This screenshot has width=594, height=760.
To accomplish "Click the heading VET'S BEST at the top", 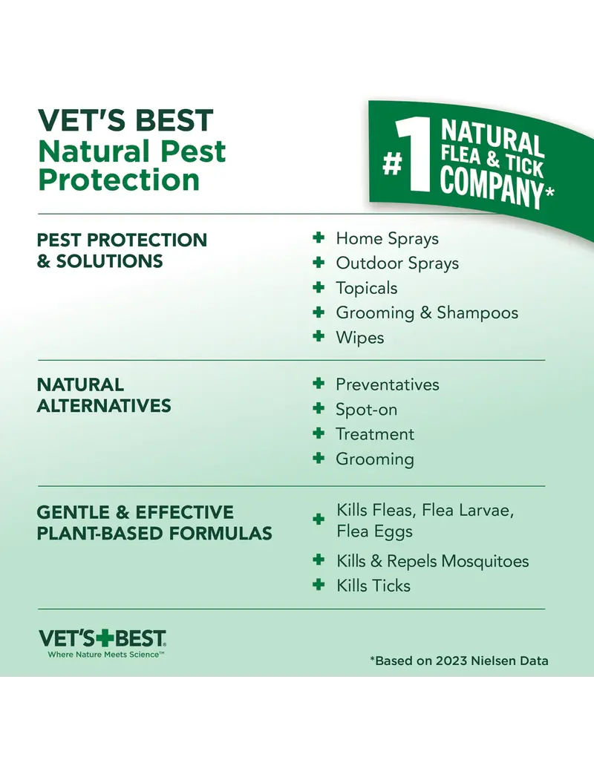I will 125,121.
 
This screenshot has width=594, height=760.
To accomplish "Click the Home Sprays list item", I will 387,238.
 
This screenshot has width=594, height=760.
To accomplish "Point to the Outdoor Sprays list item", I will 397,263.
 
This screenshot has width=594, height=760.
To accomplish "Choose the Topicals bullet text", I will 366,288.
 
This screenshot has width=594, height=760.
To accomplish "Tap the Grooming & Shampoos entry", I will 427,312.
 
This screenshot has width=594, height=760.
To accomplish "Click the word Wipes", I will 360,337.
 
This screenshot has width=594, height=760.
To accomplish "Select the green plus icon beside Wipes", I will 319,336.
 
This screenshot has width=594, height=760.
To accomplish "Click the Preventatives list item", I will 387,384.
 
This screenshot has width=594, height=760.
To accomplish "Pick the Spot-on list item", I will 366,409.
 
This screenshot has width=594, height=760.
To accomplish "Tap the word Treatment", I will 375,434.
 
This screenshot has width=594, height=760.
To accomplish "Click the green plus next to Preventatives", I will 319,384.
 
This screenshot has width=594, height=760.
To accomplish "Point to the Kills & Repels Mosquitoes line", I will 432,561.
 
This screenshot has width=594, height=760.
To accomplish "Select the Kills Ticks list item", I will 373,586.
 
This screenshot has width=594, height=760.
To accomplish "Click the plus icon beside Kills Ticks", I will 319,585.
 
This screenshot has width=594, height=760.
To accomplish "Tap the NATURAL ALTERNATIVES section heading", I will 104,395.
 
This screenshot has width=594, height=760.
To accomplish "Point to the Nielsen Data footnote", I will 459,661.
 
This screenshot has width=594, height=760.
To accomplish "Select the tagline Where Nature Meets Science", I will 105,655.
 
